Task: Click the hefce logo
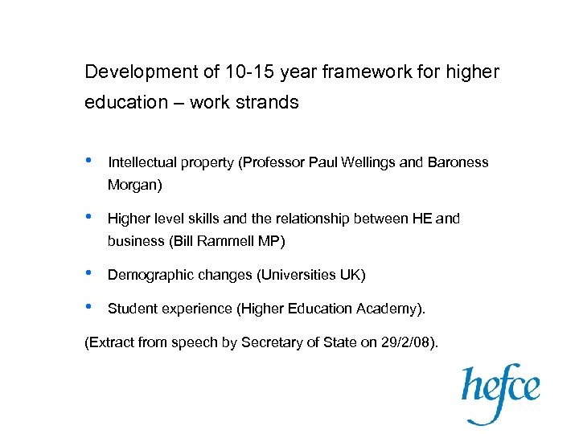click(499, 392)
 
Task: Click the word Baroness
click(457, 162)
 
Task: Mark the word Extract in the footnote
click(110, 343)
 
